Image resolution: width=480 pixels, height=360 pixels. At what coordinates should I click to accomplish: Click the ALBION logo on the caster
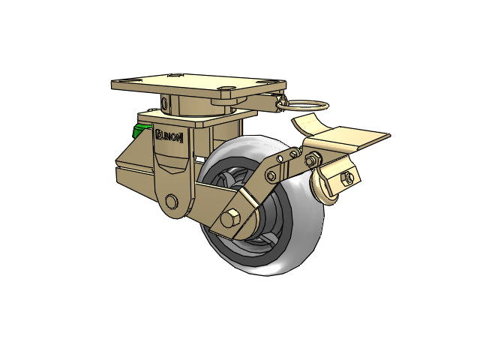tap(169, 136)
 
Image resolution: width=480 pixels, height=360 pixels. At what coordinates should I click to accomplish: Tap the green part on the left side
tap(141, 130)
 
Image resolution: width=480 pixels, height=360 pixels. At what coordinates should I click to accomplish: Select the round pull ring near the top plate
tap(301, 105)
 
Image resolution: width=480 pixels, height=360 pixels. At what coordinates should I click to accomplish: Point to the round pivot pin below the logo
tap(172, 201)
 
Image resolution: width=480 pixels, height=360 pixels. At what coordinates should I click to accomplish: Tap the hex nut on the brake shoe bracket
tap(348, 178)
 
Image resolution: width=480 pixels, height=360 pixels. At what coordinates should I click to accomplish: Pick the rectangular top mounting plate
tap(199, 85)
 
